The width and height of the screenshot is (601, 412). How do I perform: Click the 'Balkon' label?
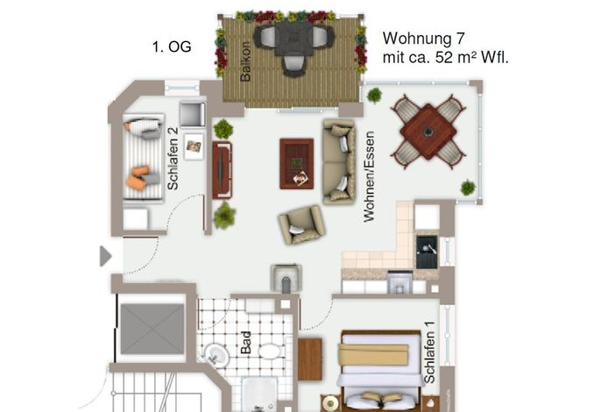245,61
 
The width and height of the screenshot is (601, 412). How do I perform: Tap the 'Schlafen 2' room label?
173,159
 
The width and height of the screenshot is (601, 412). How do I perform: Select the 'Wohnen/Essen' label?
369,177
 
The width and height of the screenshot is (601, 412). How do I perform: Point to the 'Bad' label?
245,343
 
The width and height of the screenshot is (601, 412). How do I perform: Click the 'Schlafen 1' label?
429,352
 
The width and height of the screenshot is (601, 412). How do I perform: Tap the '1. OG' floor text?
172,46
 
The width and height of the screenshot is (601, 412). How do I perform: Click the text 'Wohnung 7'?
423,39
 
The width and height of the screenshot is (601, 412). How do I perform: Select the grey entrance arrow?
105,256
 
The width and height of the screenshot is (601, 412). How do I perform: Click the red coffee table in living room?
297,164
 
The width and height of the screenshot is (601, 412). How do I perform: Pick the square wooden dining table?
428,131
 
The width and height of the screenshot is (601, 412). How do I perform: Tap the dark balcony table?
293,39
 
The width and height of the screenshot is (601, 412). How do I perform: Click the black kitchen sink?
427,252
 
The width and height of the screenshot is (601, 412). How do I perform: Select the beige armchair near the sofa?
302,224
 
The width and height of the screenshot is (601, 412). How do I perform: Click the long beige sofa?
339,161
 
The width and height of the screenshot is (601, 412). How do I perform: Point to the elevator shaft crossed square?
152,329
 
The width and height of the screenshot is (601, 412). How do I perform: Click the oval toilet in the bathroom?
270,351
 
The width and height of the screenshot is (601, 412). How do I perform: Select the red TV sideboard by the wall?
223,170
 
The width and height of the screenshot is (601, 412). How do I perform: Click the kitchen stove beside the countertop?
400,282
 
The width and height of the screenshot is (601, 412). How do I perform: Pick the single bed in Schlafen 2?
144,157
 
